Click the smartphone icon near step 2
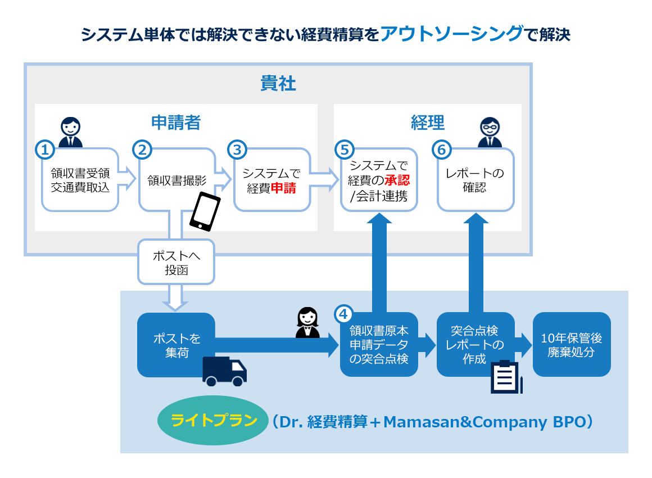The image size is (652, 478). pyautogui.click(x=205, y=211)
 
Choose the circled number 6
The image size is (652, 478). pyautogui.click(x=441, y=150)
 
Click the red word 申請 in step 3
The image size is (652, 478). pyautogui.click(x=283, y=189)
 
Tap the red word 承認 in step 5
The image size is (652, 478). pyautogui.click(x=397, y=180)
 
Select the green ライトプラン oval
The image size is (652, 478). pyautogui.click(x=214, y=421)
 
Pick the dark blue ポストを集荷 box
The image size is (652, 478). pyautogui.click(x=176, y=345)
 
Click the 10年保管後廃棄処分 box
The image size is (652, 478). pyautogui.click(x=571, y=345)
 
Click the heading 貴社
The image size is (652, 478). pyautogui.click(x=278, y=84)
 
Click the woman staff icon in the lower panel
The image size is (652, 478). pyautogui.click(x=307, y=323)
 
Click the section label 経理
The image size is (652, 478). pyautogui.click(x=427, y=122)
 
